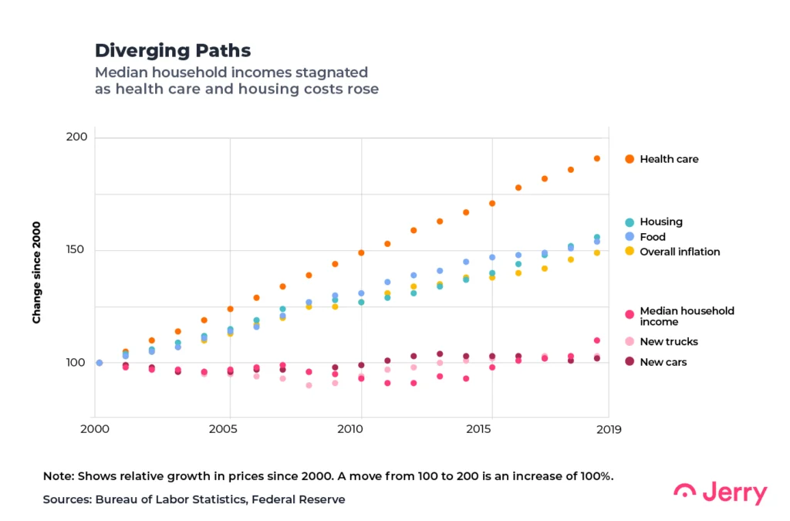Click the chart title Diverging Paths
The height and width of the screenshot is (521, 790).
click(x=173, y=51)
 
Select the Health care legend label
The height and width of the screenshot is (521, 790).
click(x=669, y=159)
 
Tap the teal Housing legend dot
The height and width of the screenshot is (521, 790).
click(x=630, y=222)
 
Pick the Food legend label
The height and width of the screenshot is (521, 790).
click(x=652, y=237)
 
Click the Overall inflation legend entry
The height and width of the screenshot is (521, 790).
click(x=680, y=252)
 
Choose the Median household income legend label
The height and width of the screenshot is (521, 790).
click(x=687, y=316)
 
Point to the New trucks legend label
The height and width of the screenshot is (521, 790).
click(x=668, y=341)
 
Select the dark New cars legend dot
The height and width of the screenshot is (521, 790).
click(x=630, y=362)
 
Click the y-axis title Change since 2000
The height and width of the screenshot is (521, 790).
click(x=36, y=272)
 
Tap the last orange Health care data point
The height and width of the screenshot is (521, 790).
click(x=596, y=158)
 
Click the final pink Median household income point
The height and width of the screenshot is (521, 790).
click(x=596, y=340)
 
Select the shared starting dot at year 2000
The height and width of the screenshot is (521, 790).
click(x=99, y=363)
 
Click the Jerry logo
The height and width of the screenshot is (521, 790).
click(x=721, y=492)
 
